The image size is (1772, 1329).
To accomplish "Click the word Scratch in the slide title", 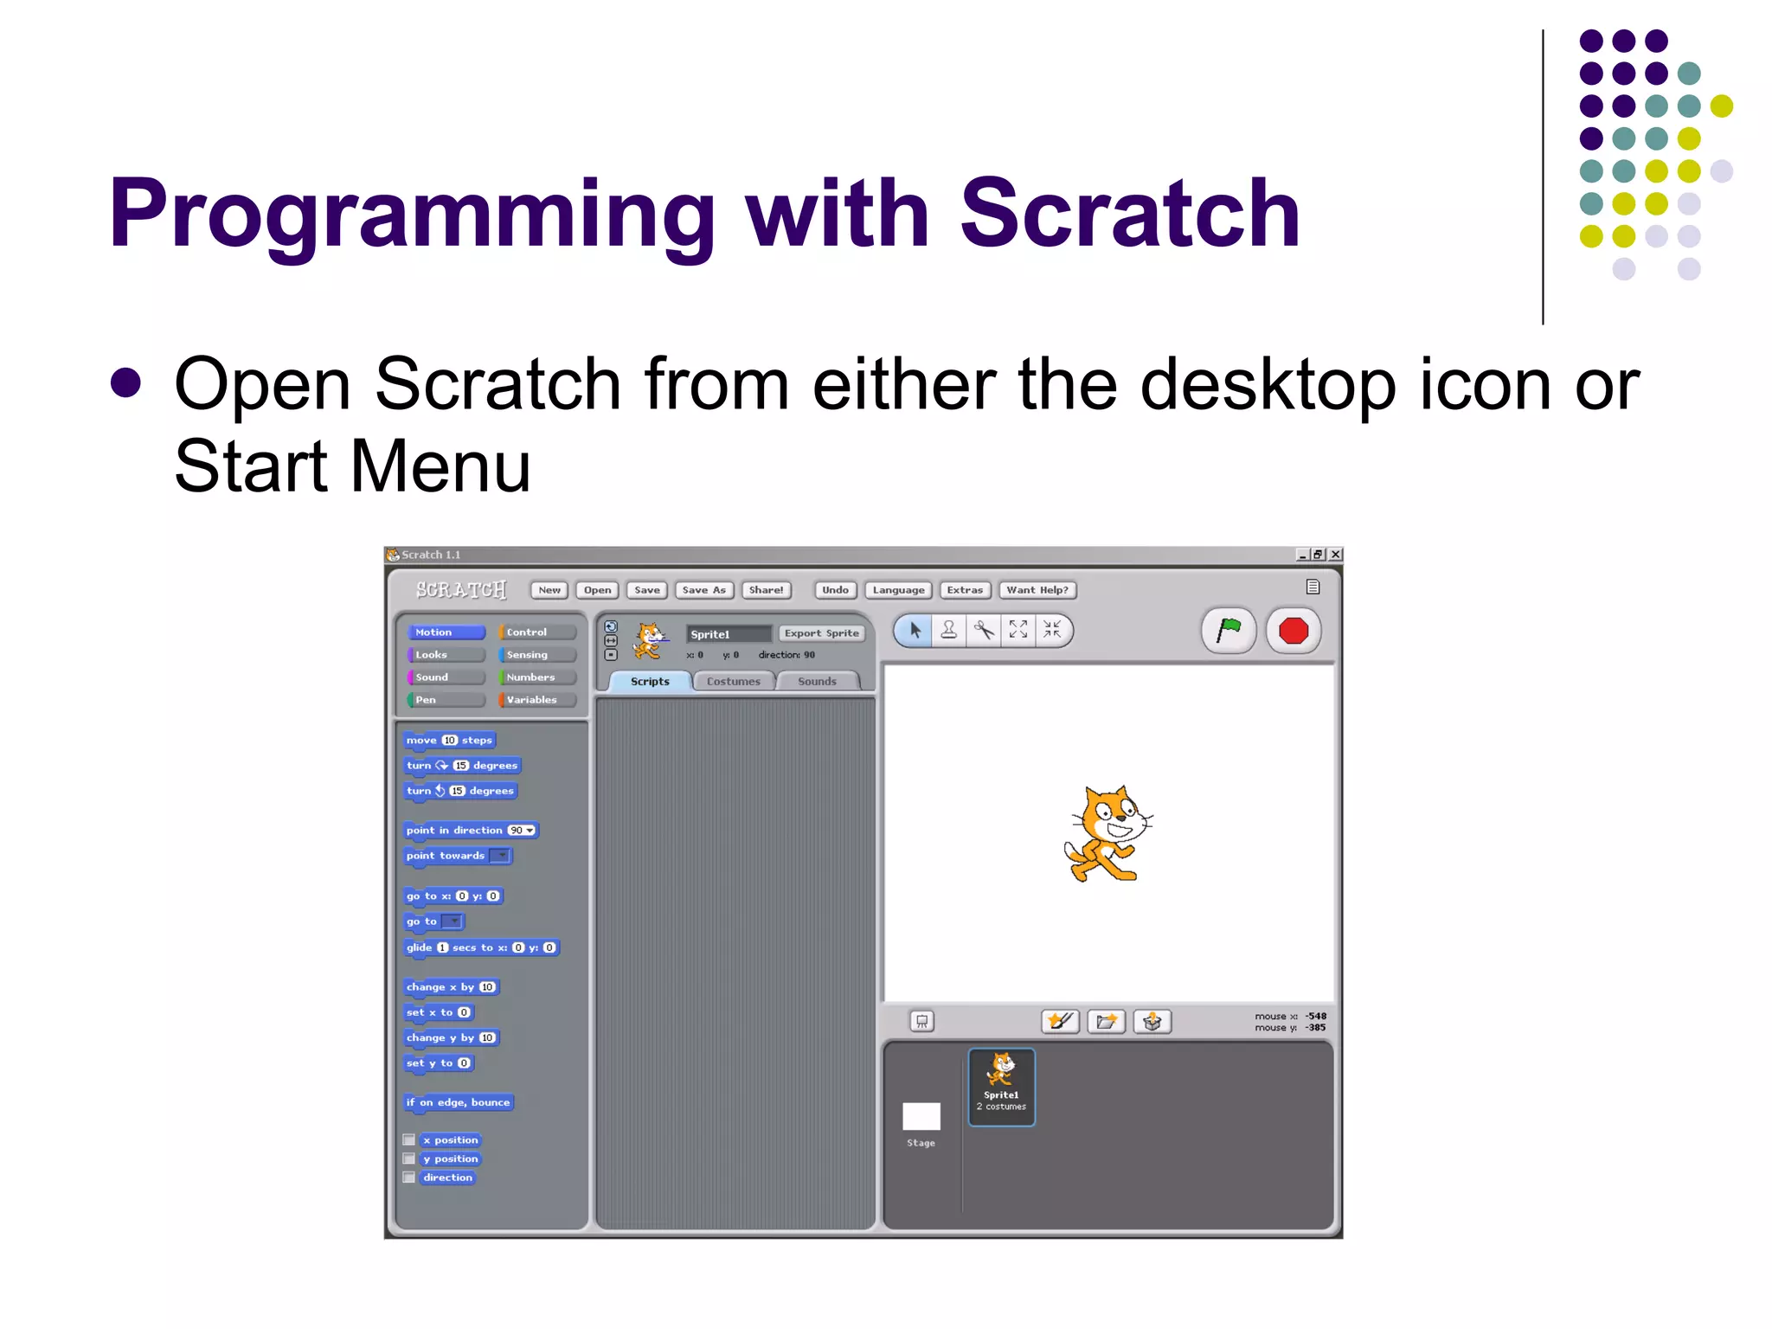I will [x=1129, y=214].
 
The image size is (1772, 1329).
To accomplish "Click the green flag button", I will [x=1228, y=630].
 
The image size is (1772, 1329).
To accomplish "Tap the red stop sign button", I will [x=1294, y=630].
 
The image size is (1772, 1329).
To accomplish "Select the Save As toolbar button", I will [x=703, y=590].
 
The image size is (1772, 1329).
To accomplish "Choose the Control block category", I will [x=536, y=632].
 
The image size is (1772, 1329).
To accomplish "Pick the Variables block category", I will [x=536, y=700].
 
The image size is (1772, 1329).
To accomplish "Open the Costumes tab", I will [x=733, y=682].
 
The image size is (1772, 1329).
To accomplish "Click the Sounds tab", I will [x=817, y=682].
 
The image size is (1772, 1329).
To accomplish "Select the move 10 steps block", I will [x=449, y=740].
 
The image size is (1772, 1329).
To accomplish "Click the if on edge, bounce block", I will [x=458, y=1102].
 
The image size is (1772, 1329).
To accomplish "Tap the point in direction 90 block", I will [x=470, y=831].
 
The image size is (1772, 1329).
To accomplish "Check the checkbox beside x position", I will [x=409, y=1140].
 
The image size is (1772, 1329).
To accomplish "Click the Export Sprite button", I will [x=821, y=633].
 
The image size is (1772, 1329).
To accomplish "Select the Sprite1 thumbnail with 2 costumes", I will [x=1001, y=1086].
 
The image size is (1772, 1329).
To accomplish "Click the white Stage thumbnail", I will [x=921, y=1117].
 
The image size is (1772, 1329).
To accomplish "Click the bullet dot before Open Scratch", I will [x=126, y=383].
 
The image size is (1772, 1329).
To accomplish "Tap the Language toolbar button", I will [x=897, y=590].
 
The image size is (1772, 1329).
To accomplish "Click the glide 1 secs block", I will [x=481, y=947].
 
